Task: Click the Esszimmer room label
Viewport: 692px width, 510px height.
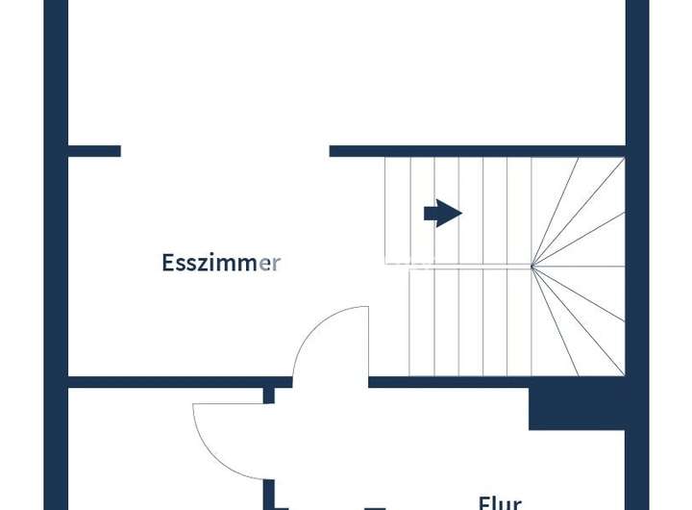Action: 221,263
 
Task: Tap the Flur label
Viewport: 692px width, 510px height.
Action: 500,502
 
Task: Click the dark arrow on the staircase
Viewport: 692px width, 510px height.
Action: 442,213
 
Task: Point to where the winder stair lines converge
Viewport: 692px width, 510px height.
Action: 532,266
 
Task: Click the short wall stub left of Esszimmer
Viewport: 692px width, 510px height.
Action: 94,151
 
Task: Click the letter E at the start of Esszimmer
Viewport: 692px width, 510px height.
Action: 167,263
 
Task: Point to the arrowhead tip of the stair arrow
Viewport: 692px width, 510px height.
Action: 461,213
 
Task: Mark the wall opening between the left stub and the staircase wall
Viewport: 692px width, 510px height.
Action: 225,151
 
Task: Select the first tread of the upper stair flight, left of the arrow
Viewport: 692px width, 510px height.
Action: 398,212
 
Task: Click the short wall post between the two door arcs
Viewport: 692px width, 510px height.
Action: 269,395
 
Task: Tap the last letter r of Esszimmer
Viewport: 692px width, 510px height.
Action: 276,263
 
